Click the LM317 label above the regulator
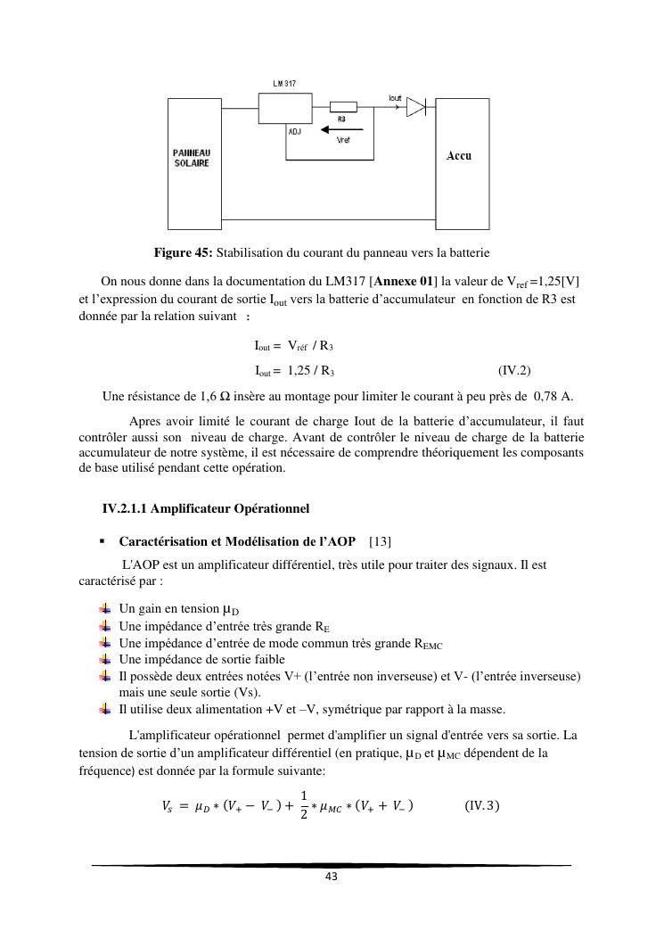[284, 83]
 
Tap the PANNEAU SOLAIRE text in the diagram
[192, 158]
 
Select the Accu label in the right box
[459, 156]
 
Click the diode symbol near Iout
[416, 107]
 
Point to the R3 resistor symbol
[343, 107]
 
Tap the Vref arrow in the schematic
[339, 128]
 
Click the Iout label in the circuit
[396, 96]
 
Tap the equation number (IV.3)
[482, 806]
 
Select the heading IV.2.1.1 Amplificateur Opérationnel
[206, 509]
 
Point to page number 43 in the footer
[331, 877]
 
